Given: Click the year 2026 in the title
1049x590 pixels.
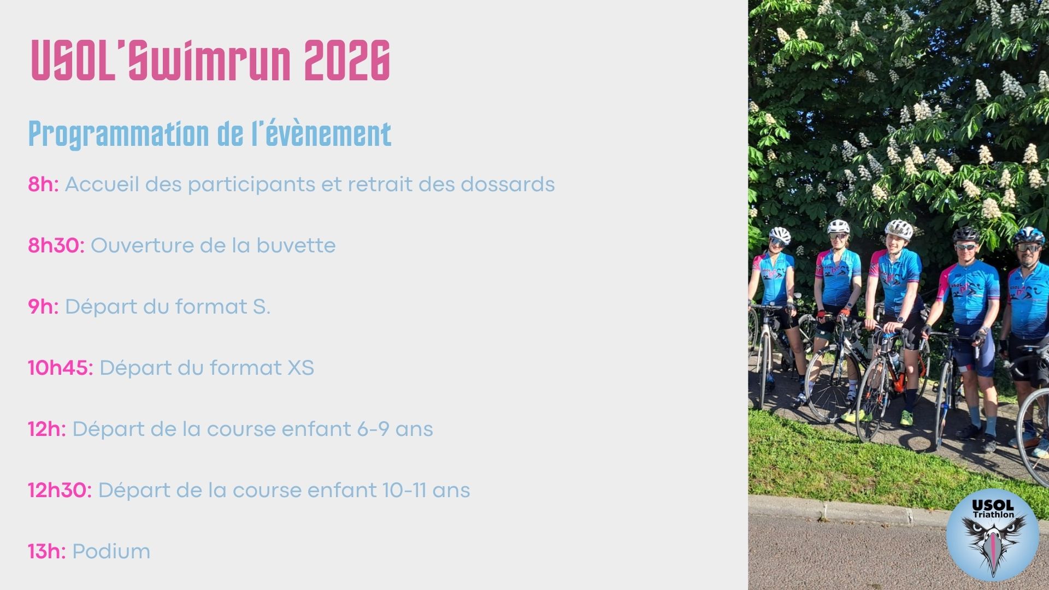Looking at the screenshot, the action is point(347,61).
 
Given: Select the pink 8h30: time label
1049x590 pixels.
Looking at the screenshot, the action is point(56,246).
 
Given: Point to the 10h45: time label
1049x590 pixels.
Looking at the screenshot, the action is point(61,368).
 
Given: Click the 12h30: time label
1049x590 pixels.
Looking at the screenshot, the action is point(60,491).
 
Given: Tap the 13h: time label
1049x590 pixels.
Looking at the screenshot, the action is point(47,552).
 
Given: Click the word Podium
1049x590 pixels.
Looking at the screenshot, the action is point(111,552).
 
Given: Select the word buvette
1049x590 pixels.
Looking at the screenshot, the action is point(296,246).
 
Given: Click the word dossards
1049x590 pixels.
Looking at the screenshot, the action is point(508,185).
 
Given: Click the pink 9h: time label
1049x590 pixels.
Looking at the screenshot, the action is point(43,307).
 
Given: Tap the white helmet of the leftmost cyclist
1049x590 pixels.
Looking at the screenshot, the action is point(780,235).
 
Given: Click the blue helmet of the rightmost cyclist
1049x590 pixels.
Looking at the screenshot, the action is point(1029,235).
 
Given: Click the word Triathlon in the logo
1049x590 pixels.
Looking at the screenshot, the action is point(993,515).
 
